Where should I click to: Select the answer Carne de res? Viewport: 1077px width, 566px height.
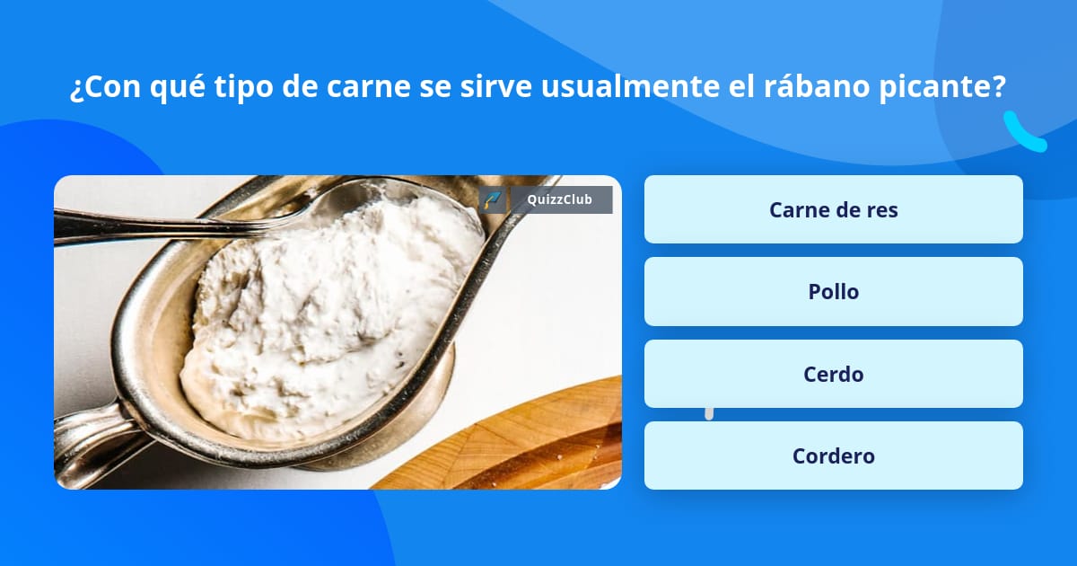pos(833,209)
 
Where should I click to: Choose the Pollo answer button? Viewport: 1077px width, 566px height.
pos(833,291)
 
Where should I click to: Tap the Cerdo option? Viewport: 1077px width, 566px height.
pos(833,374)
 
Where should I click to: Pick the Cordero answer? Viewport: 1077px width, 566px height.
pos(833,455)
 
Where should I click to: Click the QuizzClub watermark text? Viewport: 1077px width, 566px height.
pos(559,199)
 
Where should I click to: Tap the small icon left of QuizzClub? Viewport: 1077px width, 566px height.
pos(492,199)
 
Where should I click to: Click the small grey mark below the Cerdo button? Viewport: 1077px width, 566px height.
pos(709,413)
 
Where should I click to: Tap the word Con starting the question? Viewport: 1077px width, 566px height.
pos(108,88)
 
